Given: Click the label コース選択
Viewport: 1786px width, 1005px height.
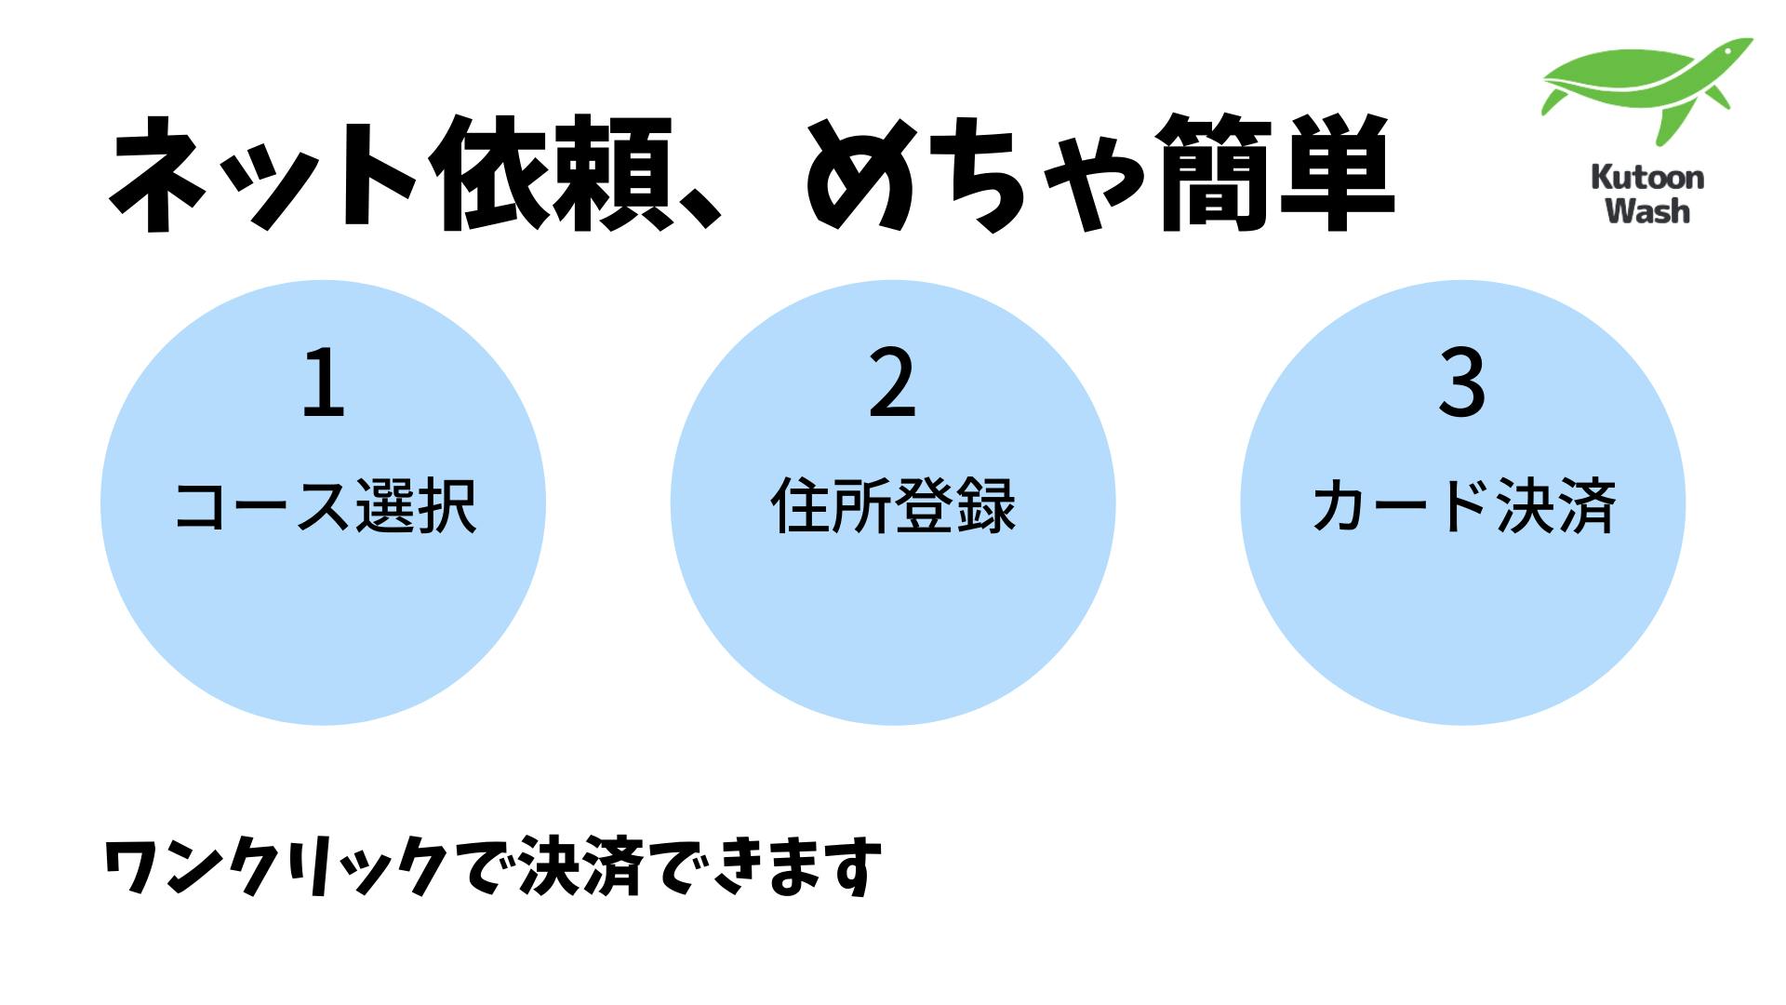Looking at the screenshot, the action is (x=326, y=506).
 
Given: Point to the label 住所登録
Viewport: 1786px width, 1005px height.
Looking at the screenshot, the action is (x=893, y=506).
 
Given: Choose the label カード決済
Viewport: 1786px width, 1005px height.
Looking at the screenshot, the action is (x=1463, y=506).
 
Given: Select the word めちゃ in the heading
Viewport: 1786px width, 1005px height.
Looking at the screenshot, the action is (x=976, y=174).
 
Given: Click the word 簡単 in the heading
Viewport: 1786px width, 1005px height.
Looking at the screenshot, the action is (x=1276, y=174).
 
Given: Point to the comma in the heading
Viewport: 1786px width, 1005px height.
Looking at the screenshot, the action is (x=699, y=210).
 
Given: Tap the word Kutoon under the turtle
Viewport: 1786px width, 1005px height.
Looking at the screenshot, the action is (x=1647, y=177).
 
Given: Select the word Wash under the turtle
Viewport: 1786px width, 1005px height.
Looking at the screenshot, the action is (x=1647, y=210).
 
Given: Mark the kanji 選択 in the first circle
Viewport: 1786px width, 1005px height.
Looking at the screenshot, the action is (x=417, y=506).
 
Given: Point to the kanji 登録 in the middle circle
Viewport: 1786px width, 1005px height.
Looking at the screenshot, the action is (x=955, y=506).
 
